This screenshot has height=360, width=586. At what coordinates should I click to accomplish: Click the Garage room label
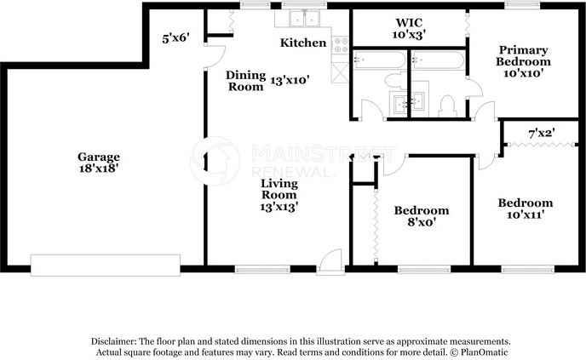tap(99, 157)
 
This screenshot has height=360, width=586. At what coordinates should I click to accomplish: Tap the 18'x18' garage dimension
tap(99, 169)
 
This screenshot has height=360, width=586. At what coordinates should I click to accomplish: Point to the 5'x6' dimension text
tap(175, 37)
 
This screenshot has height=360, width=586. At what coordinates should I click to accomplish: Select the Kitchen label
tap(304, 42)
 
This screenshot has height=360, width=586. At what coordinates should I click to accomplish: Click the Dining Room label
tap(246, 80)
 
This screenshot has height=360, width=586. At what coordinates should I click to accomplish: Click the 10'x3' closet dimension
tap(410, 35)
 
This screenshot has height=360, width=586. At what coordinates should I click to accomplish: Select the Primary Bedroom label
tap(524, 55)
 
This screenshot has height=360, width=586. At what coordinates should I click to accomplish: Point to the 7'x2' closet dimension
tap(542, 134)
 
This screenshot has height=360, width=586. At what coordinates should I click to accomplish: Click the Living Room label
tap(279, 187)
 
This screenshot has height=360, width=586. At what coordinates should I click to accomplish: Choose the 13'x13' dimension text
tap(279, 205)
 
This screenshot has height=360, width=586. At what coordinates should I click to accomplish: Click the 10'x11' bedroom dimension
tap(525, 214)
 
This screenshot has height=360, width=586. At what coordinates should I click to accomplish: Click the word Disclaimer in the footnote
tap(115, 340)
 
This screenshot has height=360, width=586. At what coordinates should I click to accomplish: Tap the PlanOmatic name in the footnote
tap(485, 351)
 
